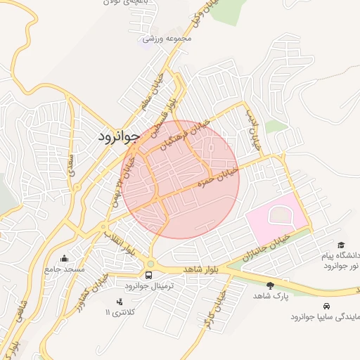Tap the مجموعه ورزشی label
click(x=167, y=39)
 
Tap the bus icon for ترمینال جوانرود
click(x=148, y=275)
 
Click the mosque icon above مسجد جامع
click(x=65, y=258)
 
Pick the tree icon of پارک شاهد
click(x=271, y=285)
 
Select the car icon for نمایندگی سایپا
click(x=327, y=306)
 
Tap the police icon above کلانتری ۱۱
click(x=118, y=301)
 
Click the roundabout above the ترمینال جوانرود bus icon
click(x=150, y=264)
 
